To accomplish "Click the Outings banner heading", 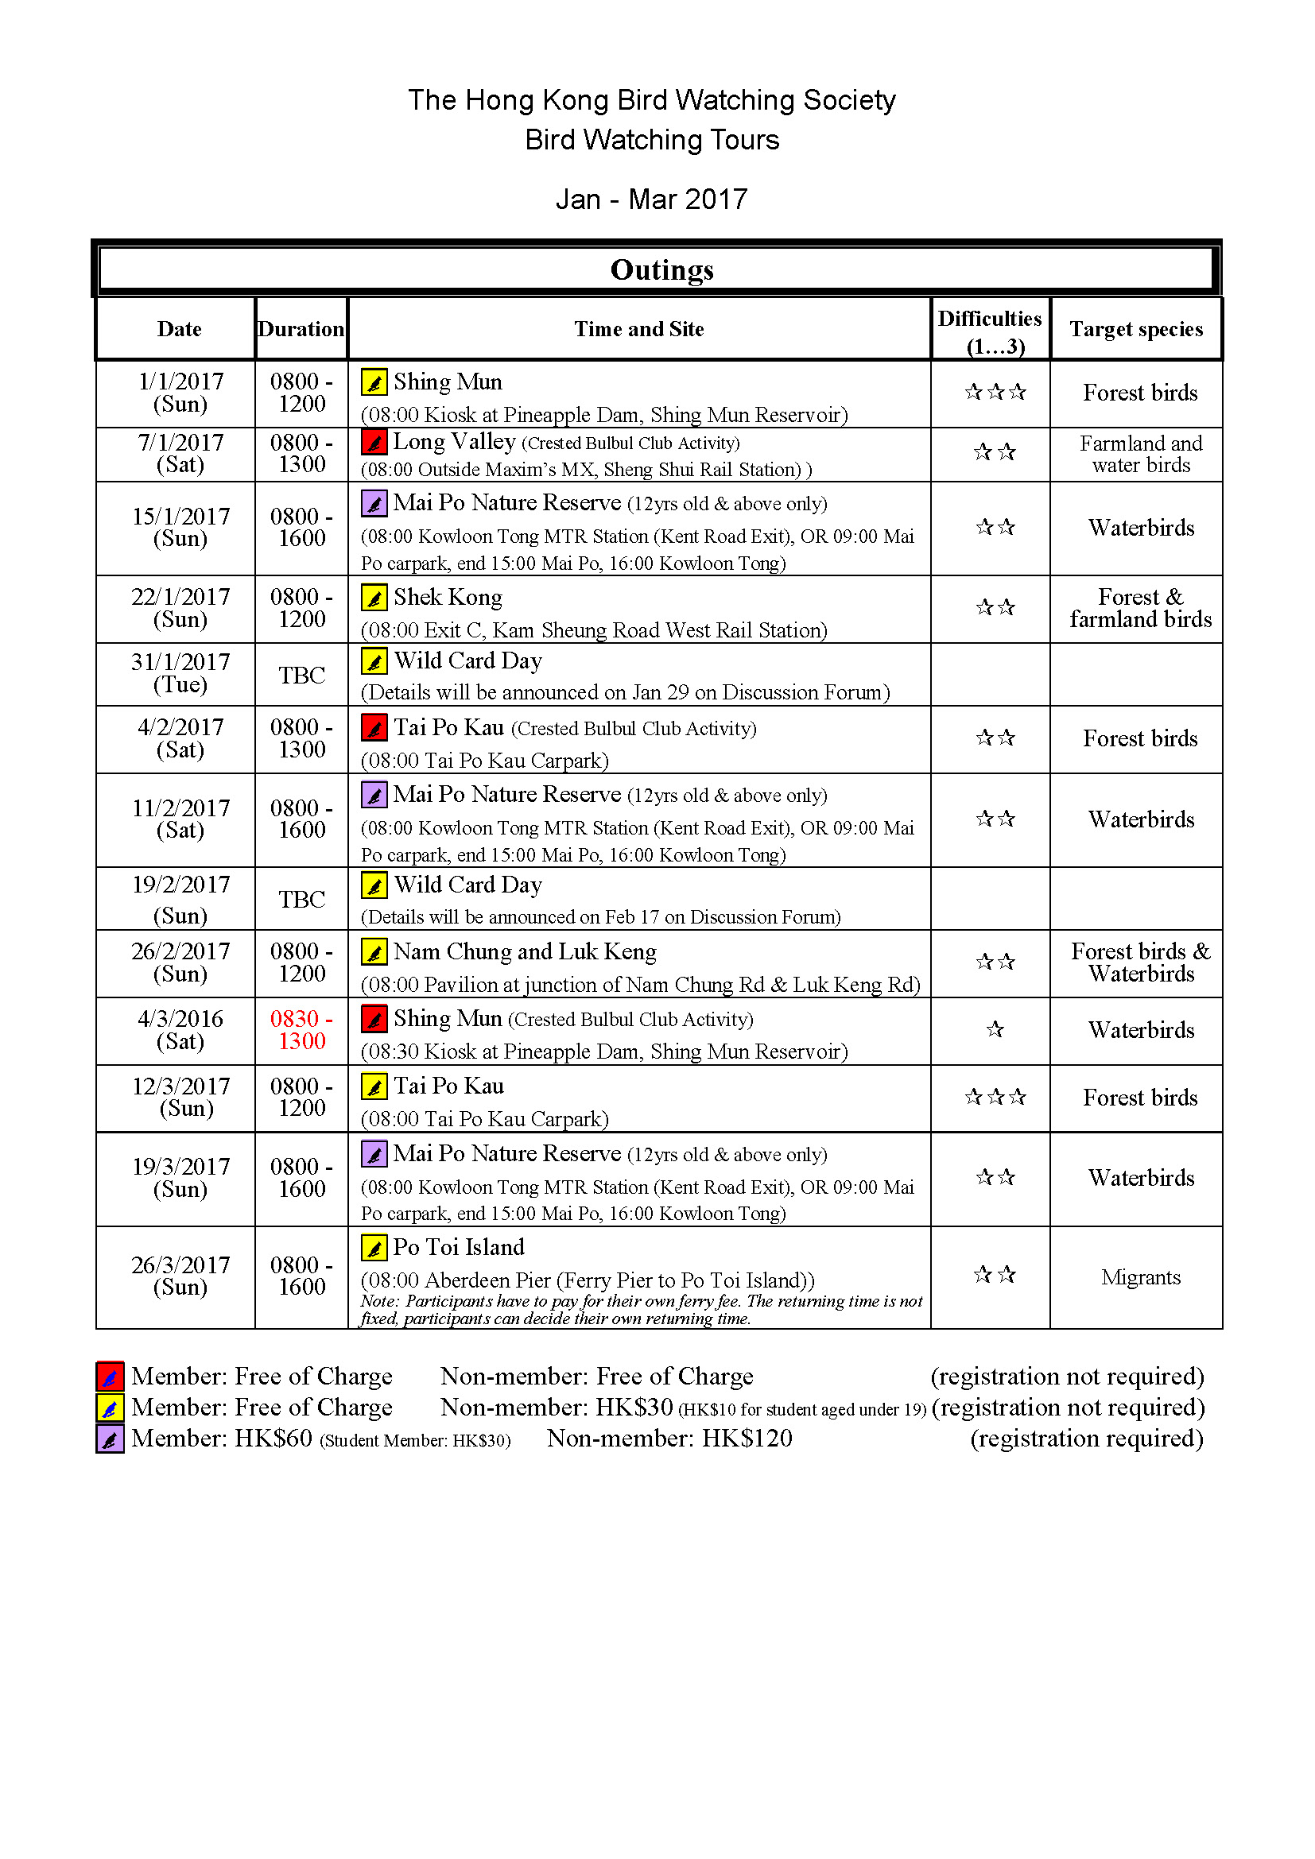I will point(661,269).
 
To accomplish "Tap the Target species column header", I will point(1135,329).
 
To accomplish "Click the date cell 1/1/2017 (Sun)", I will point(180,393).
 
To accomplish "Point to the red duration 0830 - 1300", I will point(301,1029).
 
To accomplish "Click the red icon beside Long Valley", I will point(374,442).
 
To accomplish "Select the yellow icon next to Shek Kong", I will point(374,598).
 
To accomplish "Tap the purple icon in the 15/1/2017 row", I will point(374,504).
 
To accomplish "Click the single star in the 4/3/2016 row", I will point(995,1029).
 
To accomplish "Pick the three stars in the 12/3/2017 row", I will point(995,1096).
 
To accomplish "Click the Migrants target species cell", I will point(1140,1277).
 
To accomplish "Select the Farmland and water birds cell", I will point(1140,455).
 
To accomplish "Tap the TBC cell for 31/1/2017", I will point(301,676).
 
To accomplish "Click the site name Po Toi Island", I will point(458,1247).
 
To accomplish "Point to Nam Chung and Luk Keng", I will point(525,951).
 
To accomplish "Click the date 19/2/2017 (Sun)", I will point(180,899).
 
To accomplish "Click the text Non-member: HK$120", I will point(669,1439).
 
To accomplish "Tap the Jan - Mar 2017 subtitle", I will point(651,199).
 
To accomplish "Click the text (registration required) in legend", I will point(1086,1439).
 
